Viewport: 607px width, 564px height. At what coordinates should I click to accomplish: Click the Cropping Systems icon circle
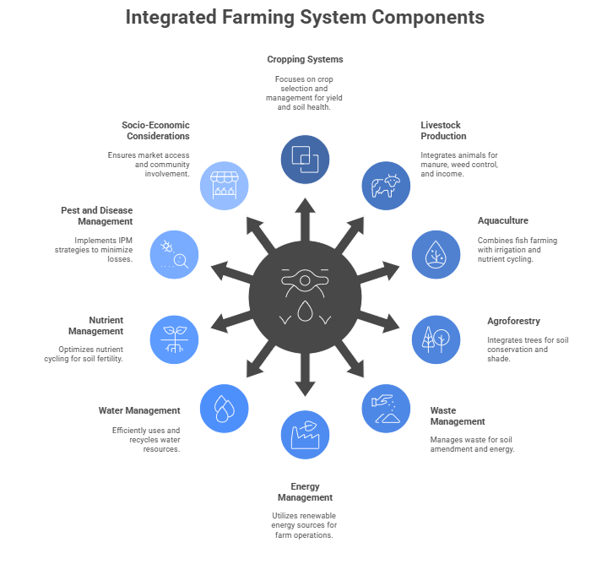(305, 159)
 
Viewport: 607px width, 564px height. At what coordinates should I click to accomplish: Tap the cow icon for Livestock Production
(386, 185)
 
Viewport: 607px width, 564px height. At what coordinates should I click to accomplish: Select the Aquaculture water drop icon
(436, 254)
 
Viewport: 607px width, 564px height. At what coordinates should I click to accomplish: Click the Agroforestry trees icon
(436, 339)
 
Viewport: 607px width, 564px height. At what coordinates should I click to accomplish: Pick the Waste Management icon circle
(386, 408)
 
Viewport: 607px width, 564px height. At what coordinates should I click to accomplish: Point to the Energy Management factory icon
(305, 435)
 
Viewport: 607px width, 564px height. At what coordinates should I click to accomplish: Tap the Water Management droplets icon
(224, 408)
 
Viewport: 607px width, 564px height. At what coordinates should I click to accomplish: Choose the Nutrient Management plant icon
(174, 339)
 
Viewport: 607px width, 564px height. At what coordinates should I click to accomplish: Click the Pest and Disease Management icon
(174, 254)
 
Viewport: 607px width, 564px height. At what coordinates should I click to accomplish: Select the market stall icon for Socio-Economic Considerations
(224, 185)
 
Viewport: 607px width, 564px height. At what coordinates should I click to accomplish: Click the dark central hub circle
(305, 296)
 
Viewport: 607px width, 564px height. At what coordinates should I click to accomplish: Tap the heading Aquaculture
(502, 220)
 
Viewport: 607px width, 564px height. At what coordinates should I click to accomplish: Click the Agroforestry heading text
(514, 321)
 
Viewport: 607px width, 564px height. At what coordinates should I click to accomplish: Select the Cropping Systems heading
(305, 60)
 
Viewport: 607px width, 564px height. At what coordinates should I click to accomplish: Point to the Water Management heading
(139, 410)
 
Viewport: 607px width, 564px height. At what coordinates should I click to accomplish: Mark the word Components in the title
(428, 17)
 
